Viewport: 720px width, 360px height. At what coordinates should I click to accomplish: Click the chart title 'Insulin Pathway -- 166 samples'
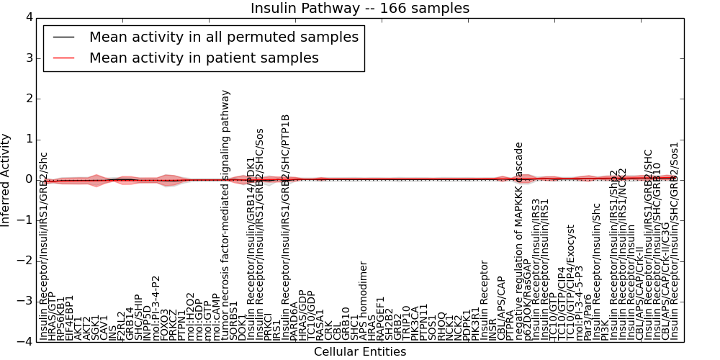click(x=359, y=8)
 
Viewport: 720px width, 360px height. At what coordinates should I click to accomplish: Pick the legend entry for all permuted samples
click(x=223, y=37)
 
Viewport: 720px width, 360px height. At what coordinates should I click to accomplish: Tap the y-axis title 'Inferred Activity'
click(x=6, y=179)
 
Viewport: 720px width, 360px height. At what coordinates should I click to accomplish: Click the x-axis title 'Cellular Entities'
click(x=359, y=352)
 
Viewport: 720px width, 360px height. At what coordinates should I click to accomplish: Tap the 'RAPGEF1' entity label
click(x=381, y=318)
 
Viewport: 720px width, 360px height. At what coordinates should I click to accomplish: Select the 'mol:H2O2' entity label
click(x=191, y=316)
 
